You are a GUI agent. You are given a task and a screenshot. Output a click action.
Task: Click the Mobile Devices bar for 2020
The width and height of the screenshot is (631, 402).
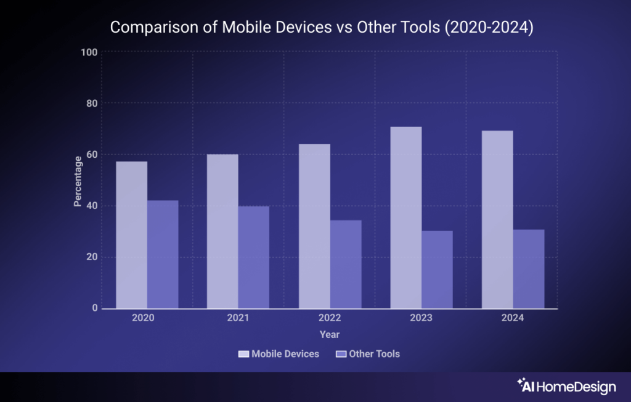131,235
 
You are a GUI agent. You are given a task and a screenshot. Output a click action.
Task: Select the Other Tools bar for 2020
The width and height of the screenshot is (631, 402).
163,254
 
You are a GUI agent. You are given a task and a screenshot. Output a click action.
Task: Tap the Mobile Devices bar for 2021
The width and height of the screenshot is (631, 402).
222,231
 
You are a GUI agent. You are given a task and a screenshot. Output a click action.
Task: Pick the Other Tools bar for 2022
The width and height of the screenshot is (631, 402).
345,264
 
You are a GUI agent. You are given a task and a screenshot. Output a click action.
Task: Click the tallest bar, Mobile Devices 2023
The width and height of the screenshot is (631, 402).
405,218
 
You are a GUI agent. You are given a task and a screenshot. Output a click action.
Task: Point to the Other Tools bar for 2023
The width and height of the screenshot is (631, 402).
437,269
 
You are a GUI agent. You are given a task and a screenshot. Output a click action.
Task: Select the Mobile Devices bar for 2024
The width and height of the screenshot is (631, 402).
497,219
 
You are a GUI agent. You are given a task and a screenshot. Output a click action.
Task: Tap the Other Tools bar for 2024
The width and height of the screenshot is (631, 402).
529,269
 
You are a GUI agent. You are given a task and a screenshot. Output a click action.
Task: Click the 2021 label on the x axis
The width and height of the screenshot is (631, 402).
238,318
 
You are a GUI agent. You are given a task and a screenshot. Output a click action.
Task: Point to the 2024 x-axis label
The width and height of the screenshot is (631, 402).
513,318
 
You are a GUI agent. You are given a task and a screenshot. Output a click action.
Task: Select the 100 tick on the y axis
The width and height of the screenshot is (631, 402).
89,52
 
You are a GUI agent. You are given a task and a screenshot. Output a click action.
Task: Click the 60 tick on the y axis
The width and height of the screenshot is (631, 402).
92,155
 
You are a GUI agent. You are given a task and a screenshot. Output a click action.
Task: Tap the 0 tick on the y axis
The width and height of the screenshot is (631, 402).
95,308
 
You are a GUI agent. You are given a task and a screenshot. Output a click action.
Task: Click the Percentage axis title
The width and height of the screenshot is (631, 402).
78,181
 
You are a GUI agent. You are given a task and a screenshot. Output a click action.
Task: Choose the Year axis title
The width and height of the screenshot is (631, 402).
330,334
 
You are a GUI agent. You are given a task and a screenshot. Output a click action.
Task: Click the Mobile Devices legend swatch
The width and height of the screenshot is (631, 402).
243,354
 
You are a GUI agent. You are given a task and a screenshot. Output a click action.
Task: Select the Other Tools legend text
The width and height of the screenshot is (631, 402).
374,354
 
